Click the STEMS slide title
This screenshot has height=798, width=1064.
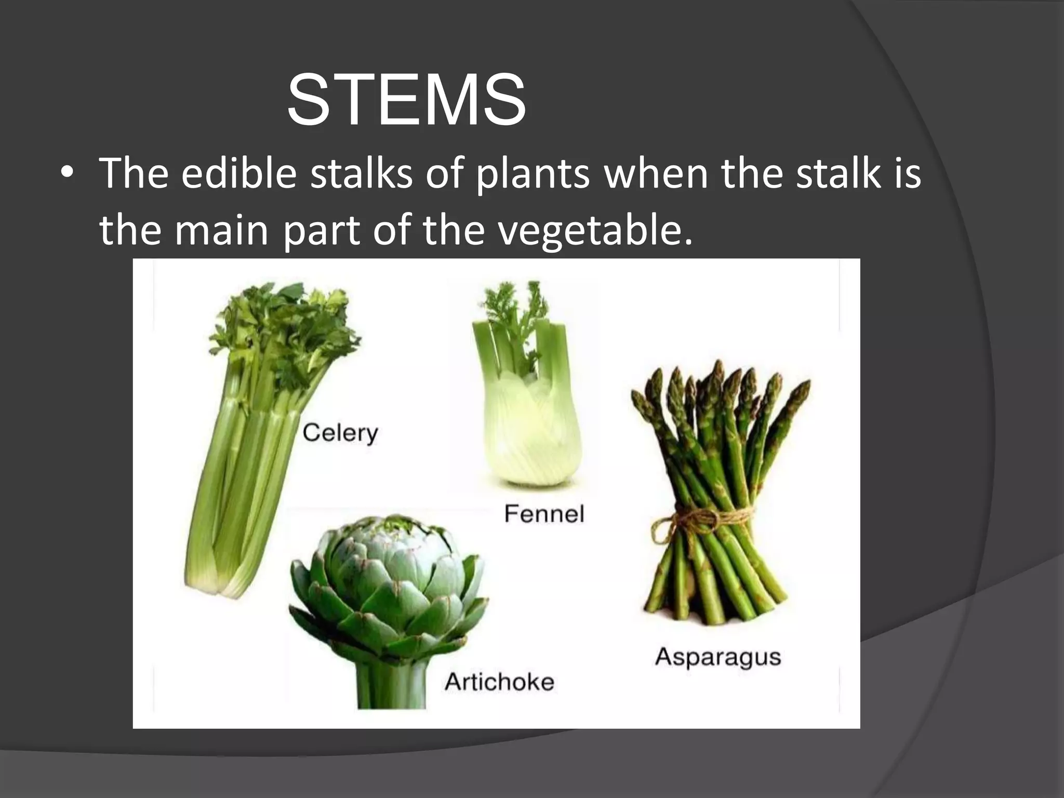(x=406, y=100)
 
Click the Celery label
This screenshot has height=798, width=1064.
(x=340, y=433)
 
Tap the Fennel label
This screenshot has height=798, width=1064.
(x=544, y=514)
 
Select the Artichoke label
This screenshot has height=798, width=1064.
(x=499, y=682)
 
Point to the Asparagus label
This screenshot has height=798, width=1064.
(x=718, y=657)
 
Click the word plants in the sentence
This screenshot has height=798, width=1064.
(x=533, y=174)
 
